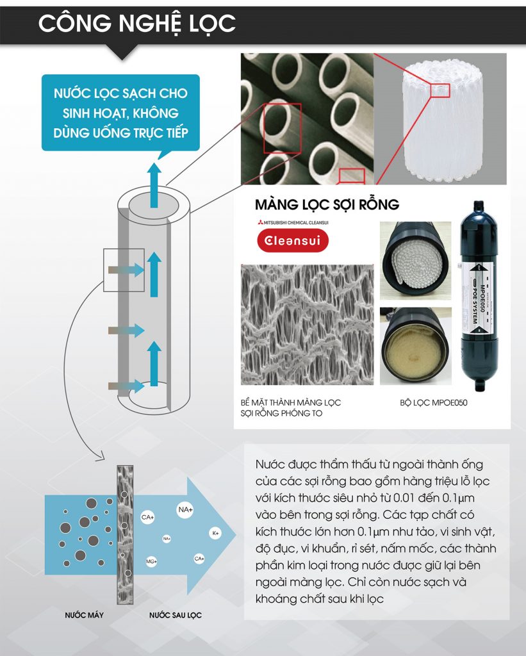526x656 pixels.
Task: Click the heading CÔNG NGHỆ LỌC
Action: [136, 23]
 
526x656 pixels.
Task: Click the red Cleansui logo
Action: [292, 242]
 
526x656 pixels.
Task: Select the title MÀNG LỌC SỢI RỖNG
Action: [327, 204]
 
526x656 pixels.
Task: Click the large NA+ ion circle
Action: [185, 510]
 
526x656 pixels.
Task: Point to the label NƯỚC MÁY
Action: [84, 615]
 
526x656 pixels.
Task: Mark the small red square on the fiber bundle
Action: [440, 90]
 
